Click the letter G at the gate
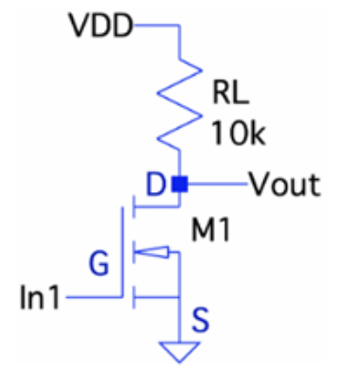pyautogui.click(x=98, y=262)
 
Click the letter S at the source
pyautogui.click(x=200, y=320)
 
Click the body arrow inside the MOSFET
pyautogui.click(x=156, y=252)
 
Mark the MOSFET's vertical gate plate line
pyautogui.click(x=122, y=255)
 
